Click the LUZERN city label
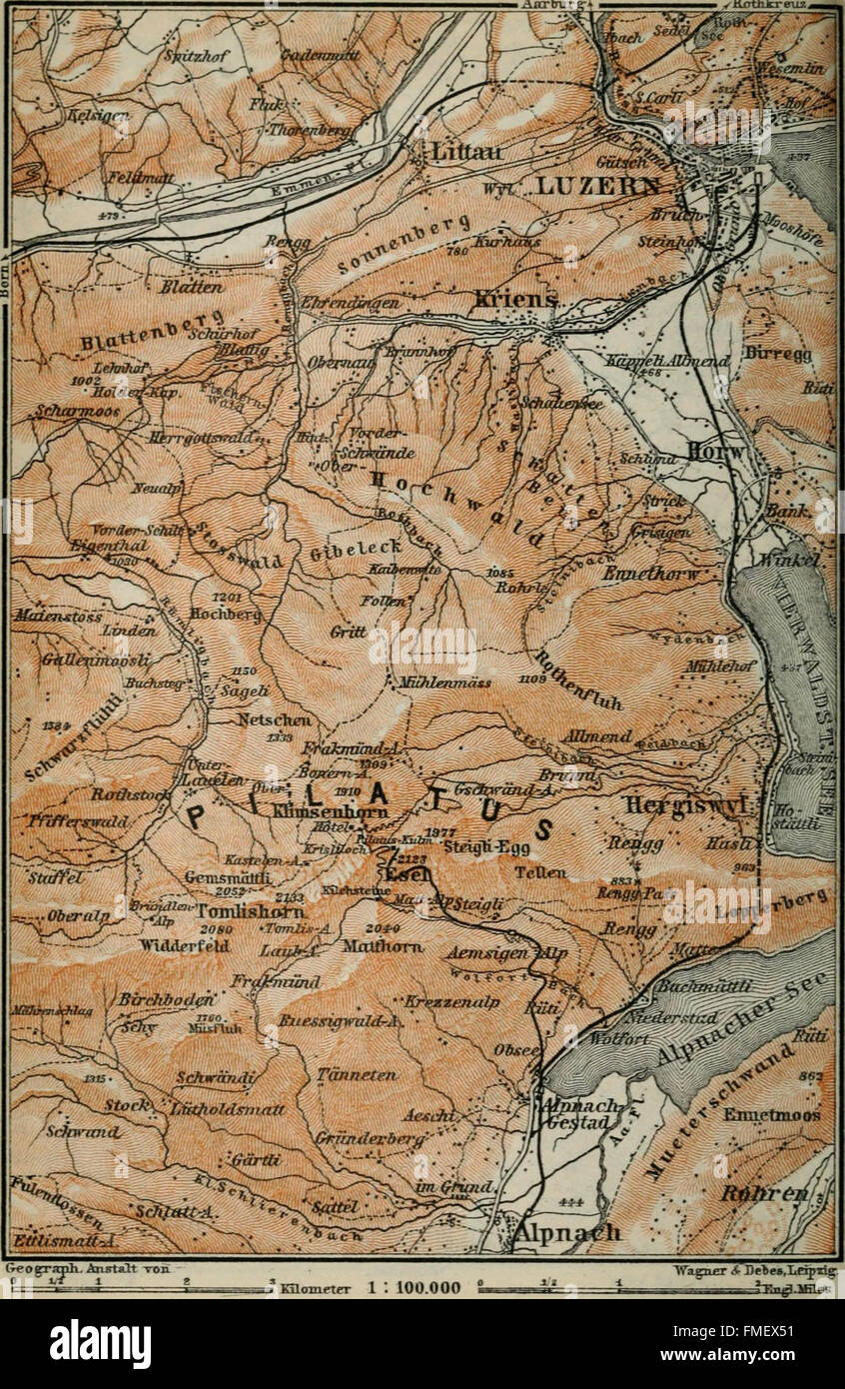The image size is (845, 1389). [x=596, y=186]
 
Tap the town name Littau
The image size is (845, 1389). [x=467, y=151]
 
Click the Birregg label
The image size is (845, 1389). [x=778, y=354]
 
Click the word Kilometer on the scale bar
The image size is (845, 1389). [x=316, y=1287]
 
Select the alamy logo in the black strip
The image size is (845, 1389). [x=100, y=1344]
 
